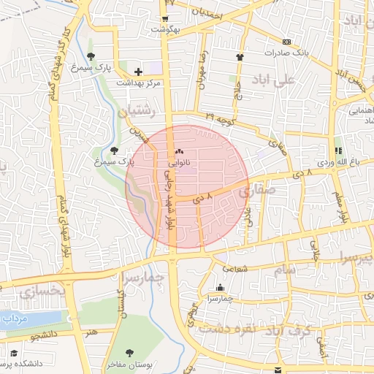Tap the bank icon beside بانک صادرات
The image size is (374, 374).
(286, 42)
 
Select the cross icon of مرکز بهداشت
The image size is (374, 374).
(138, 72)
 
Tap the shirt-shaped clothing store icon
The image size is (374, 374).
(240, 56)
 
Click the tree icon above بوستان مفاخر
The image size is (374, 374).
(129, 352)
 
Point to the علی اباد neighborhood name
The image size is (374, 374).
(273, 79)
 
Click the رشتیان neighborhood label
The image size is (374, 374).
(137, 110)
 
